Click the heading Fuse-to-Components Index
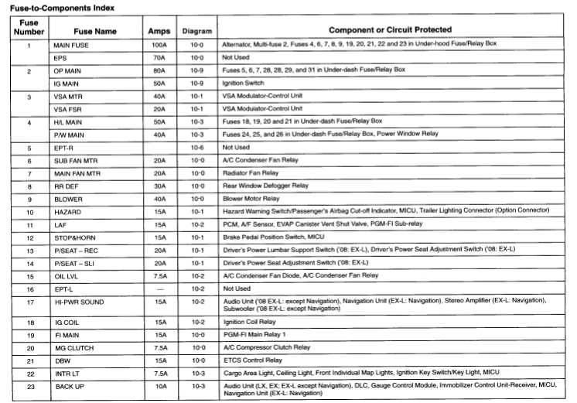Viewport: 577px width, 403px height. pyautogui.click(x=60, y=7)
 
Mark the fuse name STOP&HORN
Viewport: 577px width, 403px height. pyautogui.click(x=76, y=236)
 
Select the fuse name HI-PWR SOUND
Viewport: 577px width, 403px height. pyautogui.click(x=79, y=302)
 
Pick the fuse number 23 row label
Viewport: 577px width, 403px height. pyautogui.click(x=29, y=385)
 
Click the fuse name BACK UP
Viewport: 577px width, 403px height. pyautogui.click(x=69, y=385)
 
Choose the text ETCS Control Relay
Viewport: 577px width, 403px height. pyautogui.click(x=251, y=360)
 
